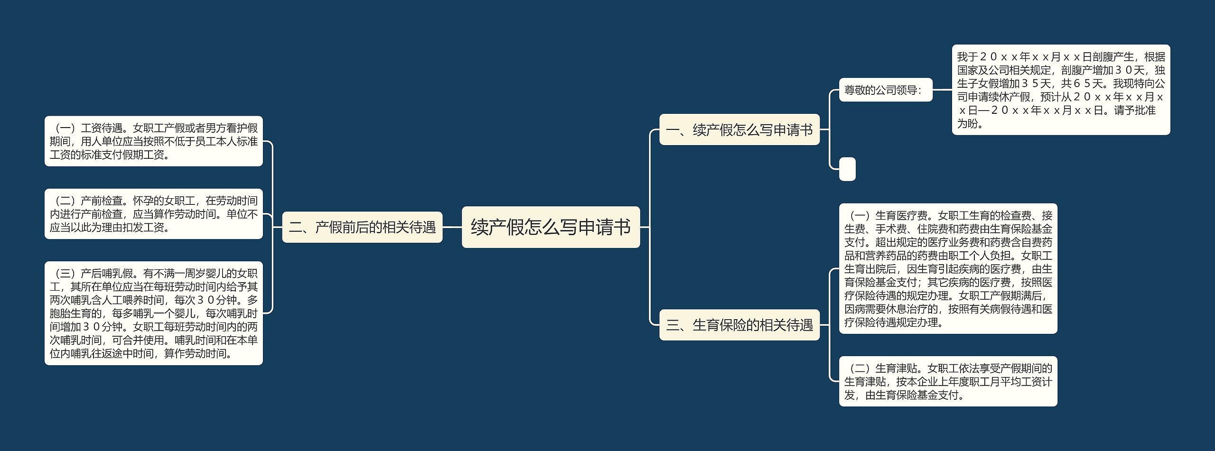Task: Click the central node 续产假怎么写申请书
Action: [x=551, y=227]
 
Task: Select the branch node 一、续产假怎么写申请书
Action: [x=739, y=129]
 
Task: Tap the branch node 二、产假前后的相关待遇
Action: [x=362, y=227]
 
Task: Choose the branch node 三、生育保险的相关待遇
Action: [x=739, y=325]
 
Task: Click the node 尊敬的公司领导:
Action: [x=885, y=90]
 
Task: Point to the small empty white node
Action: [x=847, y=169]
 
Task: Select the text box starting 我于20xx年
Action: [x=1061, y=90]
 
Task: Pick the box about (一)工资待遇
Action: [x=153, y=141]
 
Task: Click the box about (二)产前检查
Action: [x=153, y=214]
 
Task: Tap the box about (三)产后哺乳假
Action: [x=153, y=313]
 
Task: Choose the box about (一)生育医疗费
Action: [x=948, y=269]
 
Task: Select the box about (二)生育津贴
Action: [x=948, y=381]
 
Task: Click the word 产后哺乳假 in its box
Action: [x=107, y=274]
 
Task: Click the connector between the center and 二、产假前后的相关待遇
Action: [x=452, y=227]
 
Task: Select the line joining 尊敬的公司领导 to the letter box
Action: [x=942, y=90]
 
